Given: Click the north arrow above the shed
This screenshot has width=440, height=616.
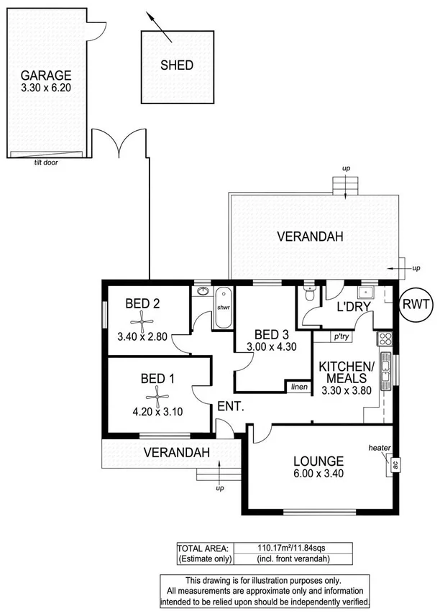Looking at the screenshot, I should (x=159, y=26).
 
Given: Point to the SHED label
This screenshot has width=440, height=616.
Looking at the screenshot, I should (x=176, y=65).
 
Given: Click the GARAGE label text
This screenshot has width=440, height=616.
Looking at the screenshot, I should (x=45, y=75).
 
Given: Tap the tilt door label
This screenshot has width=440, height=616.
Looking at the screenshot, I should (x=45, y=162).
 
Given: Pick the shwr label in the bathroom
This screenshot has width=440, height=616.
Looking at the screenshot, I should (x=222, y=307).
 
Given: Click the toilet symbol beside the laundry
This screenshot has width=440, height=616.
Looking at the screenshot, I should (x=309, y=293).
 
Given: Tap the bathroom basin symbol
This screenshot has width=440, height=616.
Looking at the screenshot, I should (x=203, y=292).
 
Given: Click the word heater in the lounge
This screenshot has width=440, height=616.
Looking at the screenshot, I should (x=379, y=448).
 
